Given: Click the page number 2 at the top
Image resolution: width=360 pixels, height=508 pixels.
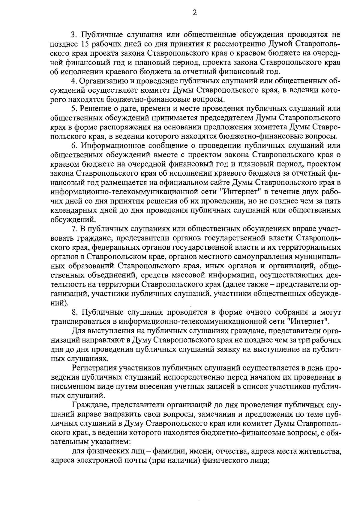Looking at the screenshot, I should coord(194,13).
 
